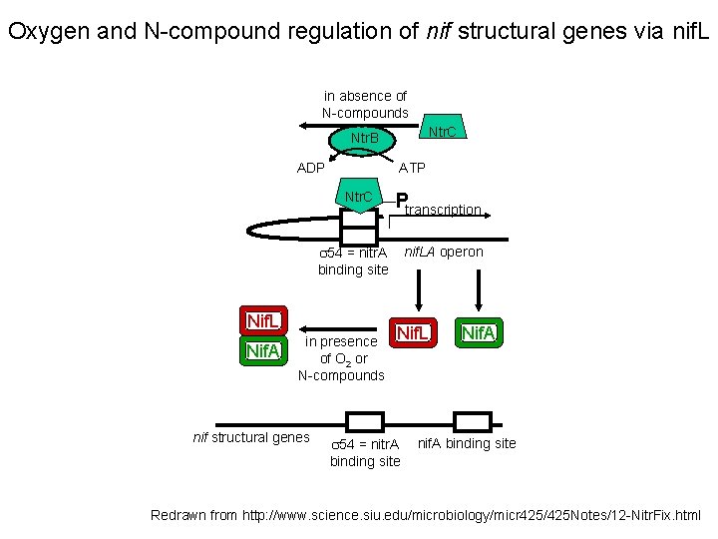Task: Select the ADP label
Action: click(x=311, y=168)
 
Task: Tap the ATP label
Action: click(x=413, y=168)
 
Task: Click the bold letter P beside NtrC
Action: click(x=401, y=201)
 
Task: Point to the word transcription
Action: click(x=444, y=210)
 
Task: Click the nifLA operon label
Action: click(x=444, y=252)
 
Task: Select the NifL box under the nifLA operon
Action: click(x=412, y=332)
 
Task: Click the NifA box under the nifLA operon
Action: click(x=479, y=332)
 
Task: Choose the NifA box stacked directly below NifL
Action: click(x=263, y=350)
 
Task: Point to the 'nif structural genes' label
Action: click(x=250, y=437)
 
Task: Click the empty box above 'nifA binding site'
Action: click(x=472, y=421)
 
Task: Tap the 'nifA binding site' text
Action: click(x=467, y=443)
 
